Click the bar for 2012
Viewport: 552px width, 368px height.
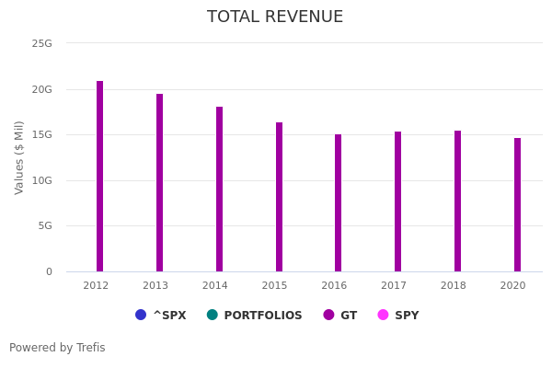pos(99,177)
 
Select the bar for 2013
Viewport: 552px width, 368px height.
pos(159,183)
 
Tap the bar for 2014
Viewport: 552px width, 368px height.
pos(219,190)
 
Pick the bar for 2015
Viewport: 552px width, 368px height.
pos(279,197)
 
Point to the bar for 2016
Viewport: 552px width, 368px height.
pos(338,203)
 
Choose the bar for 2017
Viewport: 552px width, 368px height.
pos(397,201)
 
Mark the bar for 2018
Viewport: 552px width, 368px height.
pos(457,201)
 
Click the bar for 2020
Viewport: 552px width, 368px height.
pos(517,205)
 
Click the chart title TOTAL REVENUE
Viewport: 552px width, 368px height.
pos(275,17)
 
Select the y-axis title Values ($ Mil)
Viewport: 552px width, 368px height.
pos(19,157)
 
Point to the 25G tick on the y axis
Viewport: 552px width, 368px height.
pos(42,43)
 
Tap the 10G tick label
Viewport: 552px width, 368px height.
pos(42,180)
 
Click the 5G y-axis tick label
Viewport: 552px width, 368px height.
pos(45,225)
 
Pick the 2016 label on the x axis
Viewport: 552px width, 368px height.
pos(334,286)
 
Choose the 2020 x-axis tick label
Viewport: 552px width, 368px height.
pos(512,286)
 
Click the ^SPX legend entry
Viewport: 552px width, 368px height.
pos(161,316)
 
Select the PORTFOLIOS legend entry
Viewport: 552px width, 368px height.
pos(255,316)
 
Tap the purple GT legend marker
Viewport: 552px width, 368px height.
pos(328,315)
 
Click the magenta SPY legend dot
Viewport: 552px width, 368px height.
pos(383,315)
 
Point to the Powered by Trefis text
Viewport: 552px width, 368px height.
pos(57,348)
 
